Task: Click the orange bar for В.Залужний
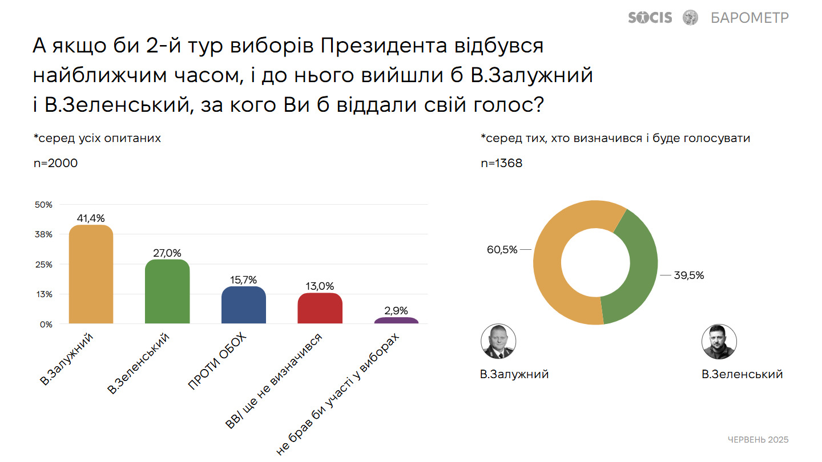[91, 275]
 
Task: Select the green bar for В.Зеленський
[167, 292]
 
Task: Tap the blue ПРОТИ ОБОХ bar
[244, 306]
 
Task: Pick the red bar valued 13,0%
[320, 309]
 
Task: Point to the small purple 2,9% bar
[396, 321]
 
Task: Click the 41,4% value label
[91, 218]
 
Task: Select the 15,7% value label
[244, 279]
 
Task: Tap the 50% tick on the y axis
[44, 204]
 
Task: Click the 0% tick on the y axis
[46, 324]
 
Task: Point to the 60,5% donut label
[502, 249]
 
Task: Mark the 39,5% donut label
[689, 275]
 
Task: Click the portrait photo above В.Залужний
[498, 342]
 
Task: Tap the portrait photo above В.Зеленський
[719, 342]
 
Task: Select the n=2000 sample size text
[55, 163]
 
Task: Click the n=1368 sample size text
[502, 163]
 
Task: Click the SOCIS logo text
[650, 18]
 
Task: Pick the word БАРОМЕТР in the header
[750, 18]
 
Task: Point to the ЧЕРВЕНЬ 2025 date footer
[758, 440]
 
